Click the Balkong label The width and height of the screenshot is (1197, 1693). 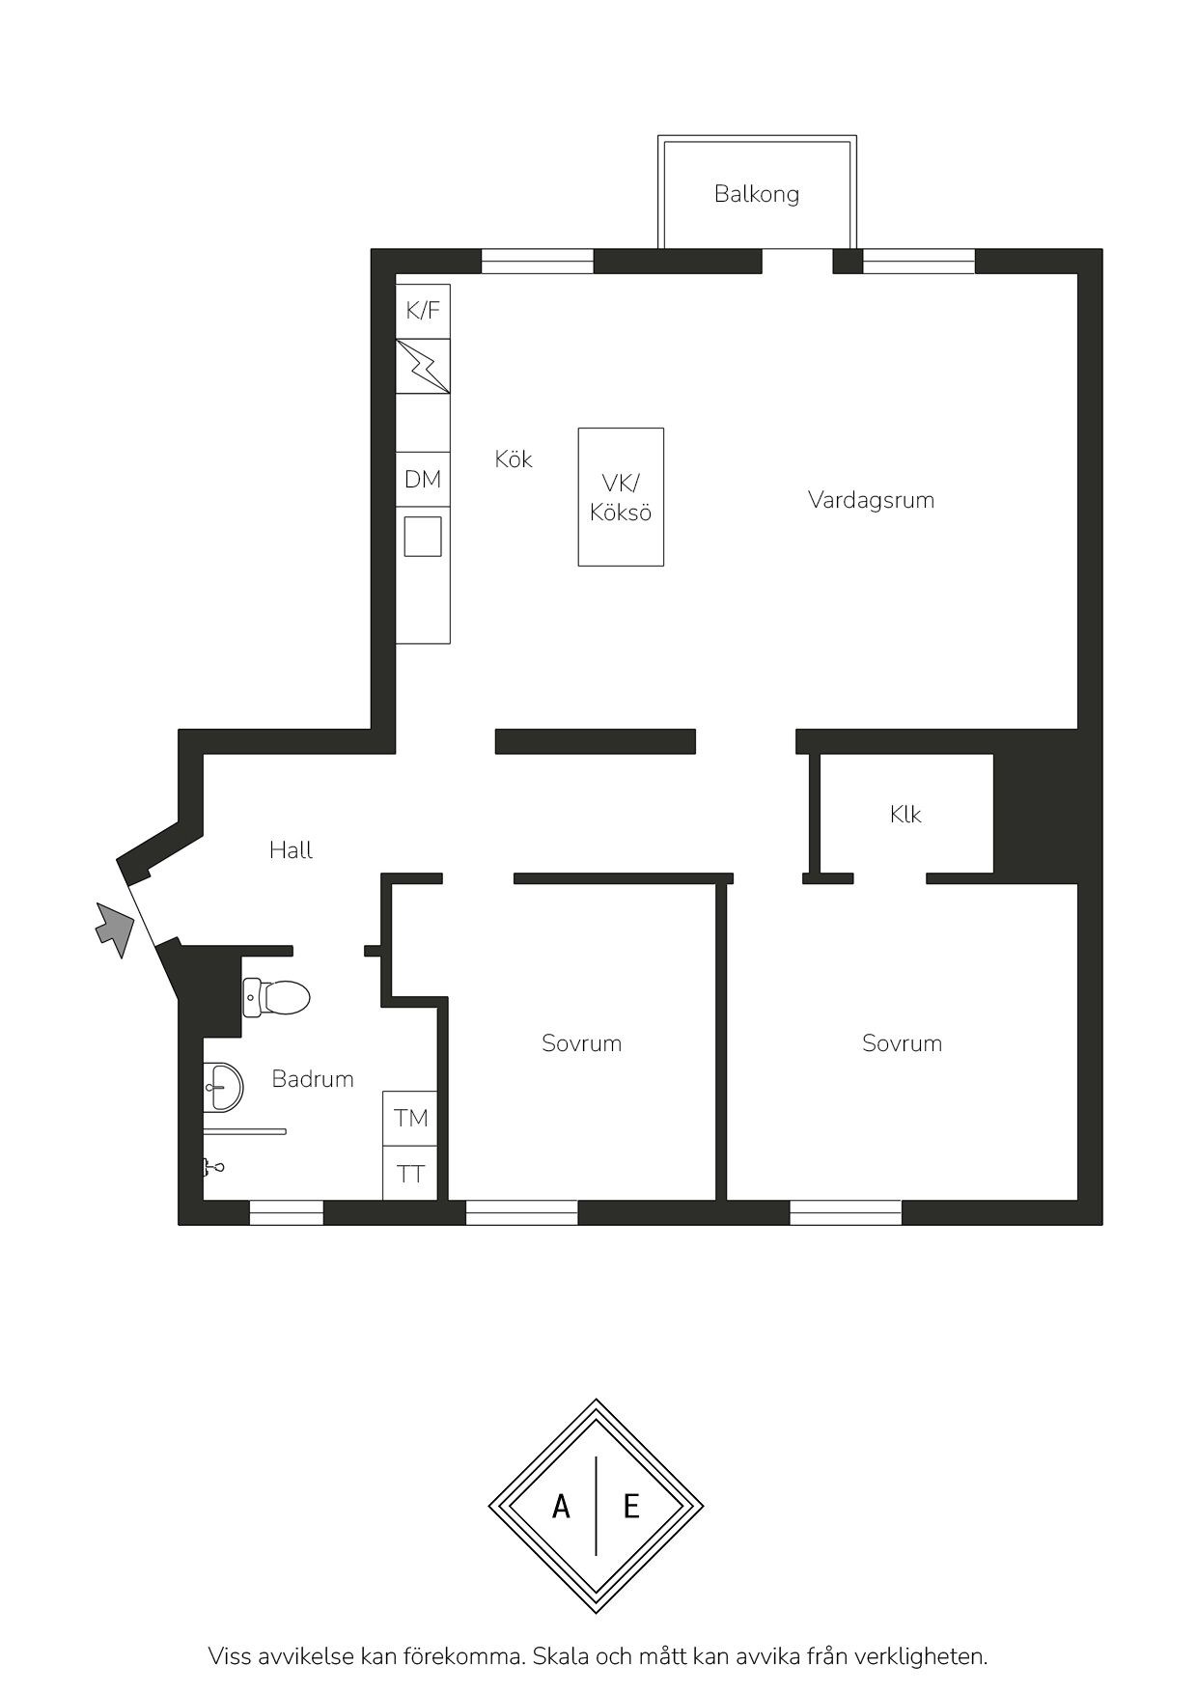[x=757, y=194]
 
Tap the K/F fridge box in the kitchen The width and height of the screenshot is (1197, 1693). [x=423, y=311]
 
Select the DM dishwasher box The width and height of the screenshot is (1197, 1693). [x=423, y=479]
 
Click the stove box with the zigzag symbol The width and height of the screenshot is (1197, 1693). [x=423, y=366]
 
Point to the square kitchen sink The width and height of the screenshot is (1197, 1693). [x=423, y=536]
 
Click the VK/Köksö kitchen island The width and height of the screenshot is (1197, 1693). [x=621, y=497]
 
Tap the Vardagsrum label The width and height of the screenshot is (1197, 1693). [x=871, y=500]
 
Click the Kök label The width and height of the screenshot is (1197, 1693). [x=514, y=459]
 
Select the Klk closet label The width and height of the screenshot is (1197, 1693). [x=905, y=815]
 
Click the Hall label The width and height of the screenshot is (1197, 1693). [x=291, y=850]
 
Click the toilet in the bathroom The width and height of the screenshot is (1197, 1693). [x=276, y=997]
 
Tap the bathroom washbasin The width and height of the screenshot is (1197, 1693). [x=223, y=1087]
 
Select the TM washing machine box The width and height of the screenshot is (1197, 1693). [x=410, y=1118]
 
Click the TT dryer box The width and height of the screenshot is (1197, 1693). [x=410, y=1173]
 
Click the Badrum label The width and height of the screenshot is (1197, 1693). [x=313, y=1079]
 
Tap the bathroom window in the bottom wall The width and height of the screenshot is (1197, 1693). [x=287, y=1212]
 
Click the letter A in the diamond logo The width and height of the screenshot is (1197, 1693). [x=561, y=1506]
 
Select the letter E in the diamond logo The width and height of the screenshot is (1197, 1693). [x=631, y=1506]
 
